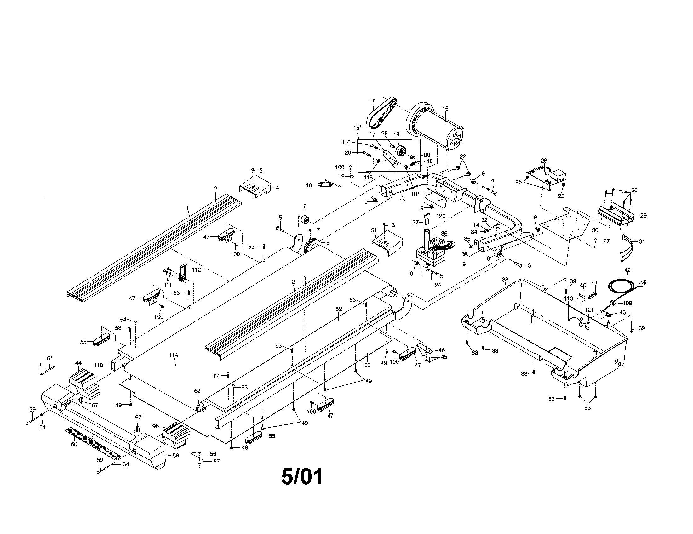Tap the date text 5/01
click(302, 477)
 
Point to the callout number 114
click(174, 355)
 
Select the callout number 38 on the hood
click(505, 280)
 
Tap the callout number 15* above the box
click(358, 128)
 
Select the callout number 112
click(197, 270)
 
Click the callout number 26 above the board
click(544, 161)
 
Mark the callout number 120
click(441, 216)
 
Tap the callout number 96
click(156, 426)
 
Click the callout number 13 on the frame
click(402, 201)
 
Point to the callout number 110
click(99, 365)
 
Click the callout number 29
click(643, 216)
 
